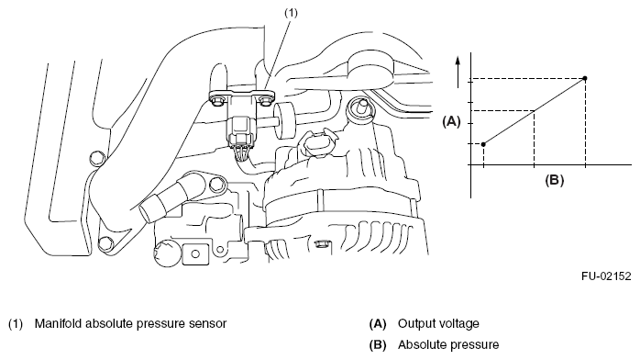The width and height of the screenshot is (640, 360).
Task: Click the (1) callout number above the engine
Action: (291, 13)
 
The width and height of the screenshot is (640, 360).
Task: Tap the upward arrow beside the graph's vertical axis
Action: (458, 72)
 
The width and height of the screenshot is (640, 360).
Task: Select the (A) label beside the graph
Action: (451, 121)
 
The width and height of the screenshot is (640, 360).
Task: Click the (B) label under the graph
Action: (555, 180)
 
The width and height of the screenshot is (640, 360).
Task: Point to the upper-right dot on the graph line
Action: (585, 78)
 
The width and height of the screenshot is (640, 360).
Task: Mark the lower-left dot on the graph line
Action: (483, 144)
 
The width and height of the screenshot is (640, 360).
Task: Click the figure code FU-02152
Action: (606, 276)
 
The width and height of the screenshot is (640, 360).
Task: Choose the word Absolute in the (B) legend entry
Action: (418, 345)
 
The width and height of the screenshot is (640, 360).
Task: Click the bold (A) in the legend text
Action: (378, 323)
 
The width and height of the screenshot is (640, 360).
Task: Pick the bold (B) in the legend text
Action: (378, 345)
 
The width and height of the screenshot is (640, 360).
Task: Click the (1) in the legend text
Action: (16, 323)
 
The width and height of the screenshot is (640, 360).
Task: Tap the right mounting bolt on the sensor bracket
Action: (265, 100)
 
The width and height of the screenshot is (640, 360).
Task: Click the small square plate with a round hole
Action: (195, 254)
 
